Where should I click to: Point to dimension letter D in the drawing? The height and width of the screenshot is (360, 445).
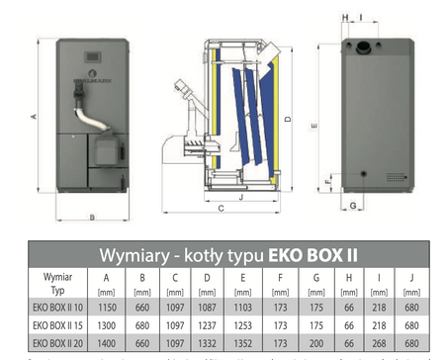click(287, 119)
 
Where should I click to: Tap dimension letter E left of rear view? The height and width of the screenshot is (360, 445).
click(314, 127)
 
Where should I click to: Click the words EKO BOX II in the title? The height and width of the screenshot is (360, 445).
click(313, 254)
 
